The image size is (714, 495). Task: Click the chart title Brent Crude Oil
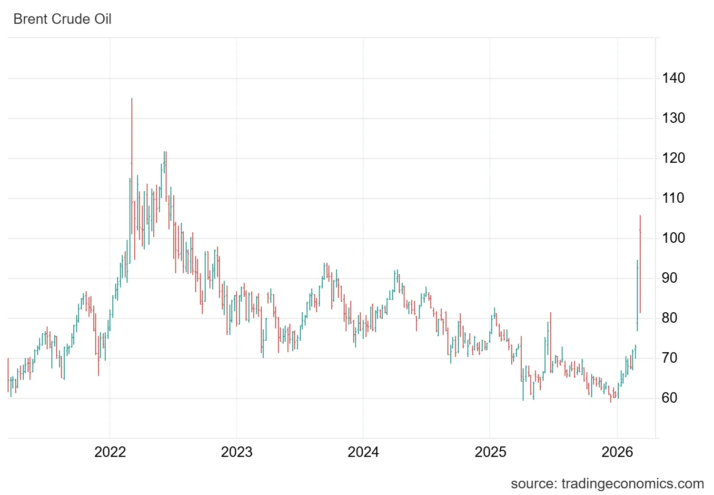[62, 19]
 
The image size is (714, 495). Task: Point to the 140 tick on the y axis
[673, 78]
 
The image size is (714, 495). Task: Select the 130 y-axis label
[673, 118]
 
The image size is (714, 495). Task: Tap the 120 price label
[673, 158]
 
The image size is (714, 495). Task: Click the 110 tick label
[673, 198]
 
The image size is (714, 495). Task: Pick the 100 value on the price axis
[673, 238]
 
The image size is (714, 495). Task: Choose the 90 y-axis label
[669, 278]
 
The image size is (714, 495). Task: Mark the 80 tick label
[669, 318]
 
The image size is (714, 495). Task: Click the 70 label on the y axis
[669, 358]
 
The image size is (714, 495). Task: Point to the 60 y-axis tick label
[669, 398]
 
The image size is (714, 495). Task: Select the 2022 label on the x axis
[110, 452]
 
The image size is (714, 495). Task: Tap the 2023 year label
[237, 452]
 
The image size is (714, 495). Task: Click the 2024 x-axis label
[363, 452]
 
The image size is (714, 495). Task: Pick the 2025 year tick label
[490, 452]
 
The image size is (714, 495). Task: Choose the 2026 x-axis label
[617, 452]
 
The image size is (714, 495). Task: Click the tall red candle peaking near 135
[132, 143]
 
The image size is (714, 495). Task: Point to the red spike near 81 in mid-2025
[551, 333]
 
